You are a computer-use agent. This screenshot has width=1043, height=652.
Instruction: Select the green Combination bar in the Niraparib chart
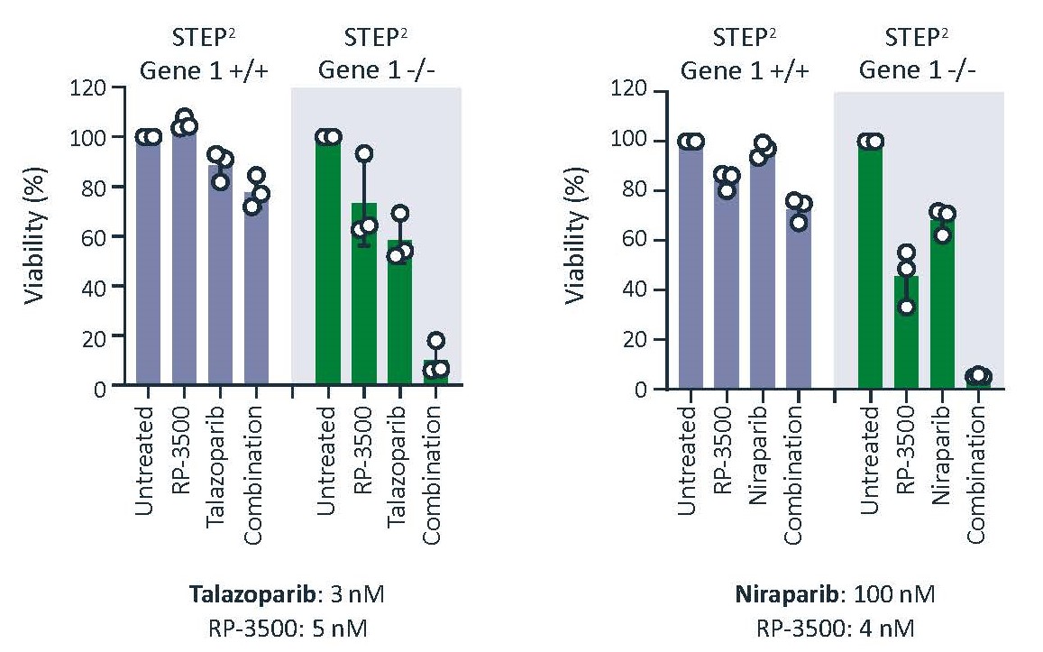click(x=977, y=381)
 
